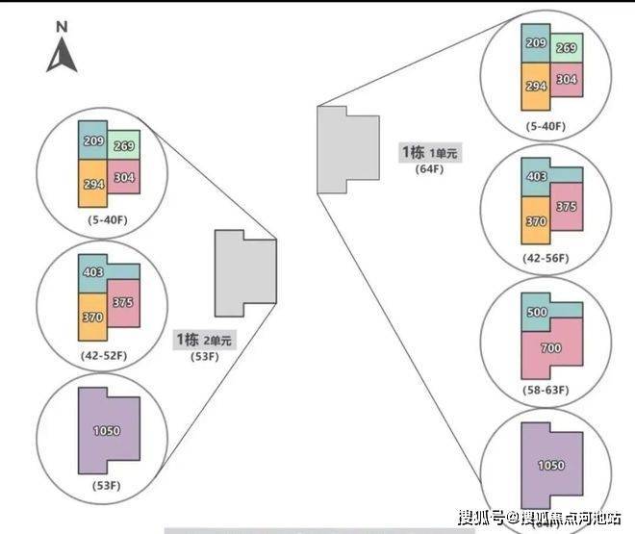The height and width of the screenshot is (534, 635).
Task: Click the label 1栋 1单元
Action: tap(430, 153)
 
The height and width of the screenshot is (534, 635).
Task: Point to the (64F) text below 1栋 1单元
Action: tap(427, 169)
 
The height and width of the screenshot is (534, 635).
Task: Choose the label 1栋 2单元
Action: tap(203, 339)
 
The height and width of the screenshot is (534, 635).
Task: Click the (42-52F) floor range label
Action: tap(105, 356)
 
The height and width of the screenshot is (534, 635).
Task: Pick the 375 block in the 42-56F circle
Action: tap(567, 207)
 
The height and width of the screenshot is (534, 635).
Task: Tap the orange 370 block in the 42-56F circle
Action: tap(536, 221)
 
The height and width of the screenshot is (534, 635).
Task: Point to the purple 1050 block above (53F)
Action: tap(107, 430)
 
